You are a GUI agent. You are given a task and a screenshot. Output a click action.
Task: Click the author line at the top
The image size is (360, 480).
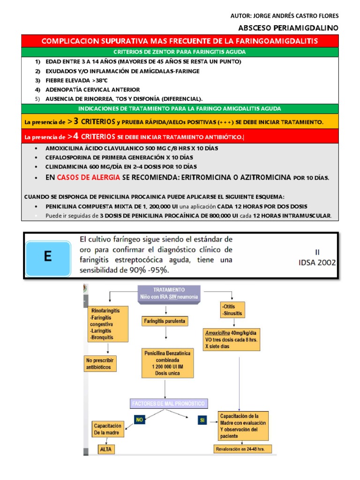(285, 15)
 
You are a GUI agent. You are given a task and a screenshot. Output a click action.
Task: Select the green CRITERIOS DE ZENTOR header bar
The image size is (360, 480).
(180, 52)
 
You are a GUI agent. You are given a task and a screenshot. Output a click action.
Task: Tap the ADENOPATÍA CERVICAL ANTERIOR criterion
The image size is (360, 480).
(92, 90)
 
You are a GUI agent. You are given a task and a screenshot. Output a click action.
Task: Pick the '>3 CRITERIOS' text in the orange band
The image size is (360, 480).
(91, 121)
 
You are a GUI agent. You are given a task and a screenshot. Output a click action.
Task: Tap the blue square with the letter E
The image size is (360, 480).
(47, 256)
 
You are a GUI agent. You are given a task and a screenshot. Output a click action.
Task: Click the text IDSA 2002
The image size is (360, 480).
(317, 262)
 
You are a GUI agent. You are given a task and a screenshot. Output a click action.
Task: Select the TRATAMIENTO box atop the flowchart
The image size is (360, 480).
(169, 293)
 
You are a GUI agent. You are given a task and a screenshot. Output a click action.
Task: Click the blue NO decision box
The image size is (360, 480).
(139, 420)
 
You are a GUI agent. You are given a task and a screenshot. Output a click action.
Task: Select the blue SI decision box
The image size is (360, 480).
(202, 420)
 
